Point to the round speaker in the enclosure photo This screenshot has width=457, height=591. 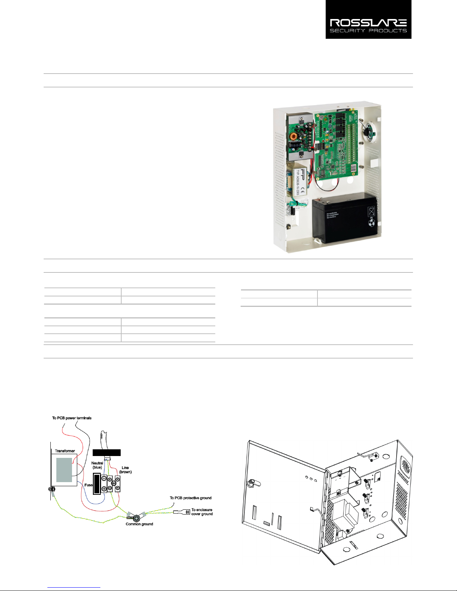tap(367, 131)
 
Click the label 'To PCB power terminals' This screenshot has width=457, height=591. tap(72, 418)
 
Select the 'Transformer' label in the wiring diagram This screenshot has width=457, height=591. tap(65, 451)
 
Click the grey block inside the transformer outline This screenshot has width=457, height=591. tap(64, 470)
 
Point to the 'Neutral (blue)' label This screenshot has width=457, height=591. tap(97, 465)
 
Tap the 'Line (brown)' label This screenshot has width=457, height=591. tap(125, 469)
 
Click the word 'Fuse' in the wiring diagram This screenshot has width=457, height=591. tap(88, 485)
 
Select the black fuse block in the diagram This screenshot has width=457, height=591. tap(97, 484)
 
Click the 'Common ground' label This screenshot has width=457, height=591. tap(139, 524)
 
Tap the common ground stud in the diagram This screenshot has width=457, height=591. tap(137, 517)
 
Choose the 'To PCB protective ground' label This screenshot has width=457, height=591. tap(191, 498)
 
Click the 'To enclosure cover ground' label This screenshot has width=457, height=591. tap(202, 512)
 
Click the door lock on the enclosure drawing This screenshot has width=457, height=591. tap(252, 484)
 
